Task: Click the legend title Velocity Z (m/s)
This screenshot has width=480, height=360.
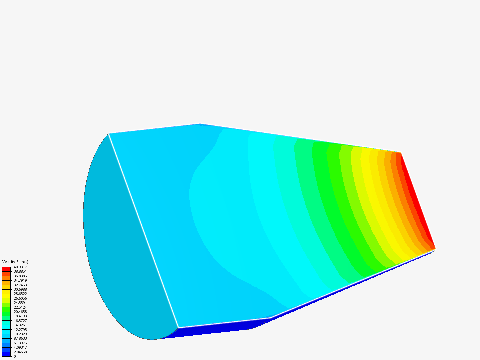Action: tap(15, 262)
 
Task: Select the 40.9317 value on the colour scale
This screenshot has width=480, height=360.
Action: tap(20, 267)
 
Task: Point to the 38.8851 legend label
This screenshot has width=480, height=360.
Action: tap(20, 271)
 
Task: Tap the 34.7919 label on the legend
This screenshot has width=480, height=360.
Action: tap(20, 280)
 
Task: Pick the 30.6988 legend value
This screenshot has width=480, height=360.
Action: tap(20, 289)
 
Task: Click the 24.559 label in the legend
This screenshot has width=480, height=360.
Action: tap(19, 303)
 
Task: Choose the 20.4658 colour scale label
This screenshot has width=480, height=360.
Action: tap(20, 312)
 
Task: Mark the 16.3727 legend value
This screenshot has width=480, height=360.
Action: tap(20, 321)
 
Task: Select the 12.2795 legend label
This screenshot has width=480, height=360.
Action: tap(20, 330)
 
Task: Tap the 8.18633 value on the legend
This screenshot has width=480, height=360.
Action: tap(20, 338)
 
